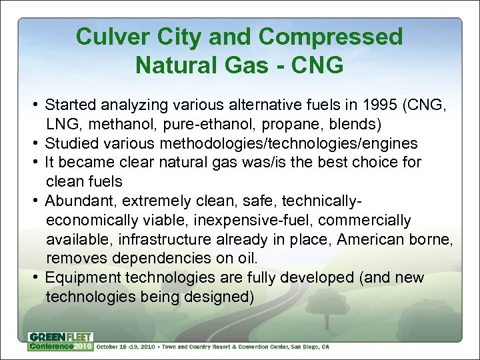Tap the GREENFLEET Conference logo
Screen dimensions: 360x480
[60, 341]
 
